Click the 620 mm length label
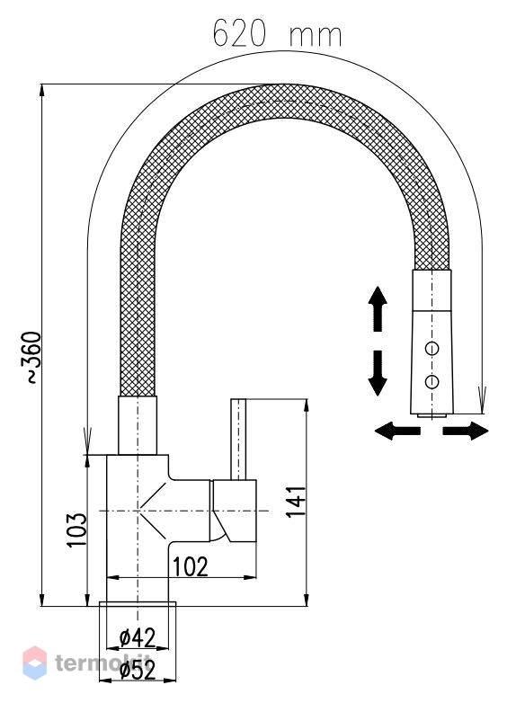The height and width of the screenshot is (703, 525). [x=277, y=34]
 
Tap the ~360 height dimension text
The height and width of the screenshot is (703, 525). [x=31, y=357]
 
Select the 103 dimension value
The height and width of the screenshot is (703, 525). [x=76, y=529]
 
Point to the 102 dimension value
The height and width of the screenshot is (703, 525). [x=191, y=566]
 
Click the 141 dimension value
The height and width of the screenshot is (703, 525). [x=296, y=502]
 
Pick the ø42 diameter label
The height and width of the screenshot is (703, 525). [x=138, y=637]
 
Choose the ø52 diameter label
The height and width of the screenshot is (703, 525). [x=138, y=670]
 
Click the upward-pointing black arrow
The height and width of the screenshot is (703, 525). [x=378, y=308]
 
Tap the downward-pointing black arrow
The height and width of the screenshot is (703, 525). [x=378, y=373]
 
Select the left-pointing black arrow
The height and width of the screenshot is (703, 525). [x=397, y=431]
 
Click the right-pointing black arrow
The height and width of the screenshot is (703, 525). [x=466, y=431]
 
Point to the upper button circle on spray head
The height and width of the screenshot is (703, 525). [x=432, y=348]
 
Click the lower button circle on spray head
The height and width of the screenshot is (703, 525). [x=432, y=381]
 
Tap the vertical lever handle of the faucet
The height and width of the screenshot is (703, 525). [x=238, y=439]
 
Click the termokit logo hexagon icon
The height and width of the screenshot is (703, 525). [x=34, y=663]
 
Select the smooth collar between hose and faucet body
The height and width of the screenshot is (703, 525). [x=138, y=425]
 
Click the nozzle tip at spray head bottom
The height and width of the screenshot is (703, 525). [x=432, y=416]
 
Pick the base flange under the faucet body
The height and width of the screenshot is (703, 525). [x=138, y=603]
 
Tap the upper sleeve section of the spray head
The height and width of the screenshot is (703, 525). [x=432, y=290]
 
